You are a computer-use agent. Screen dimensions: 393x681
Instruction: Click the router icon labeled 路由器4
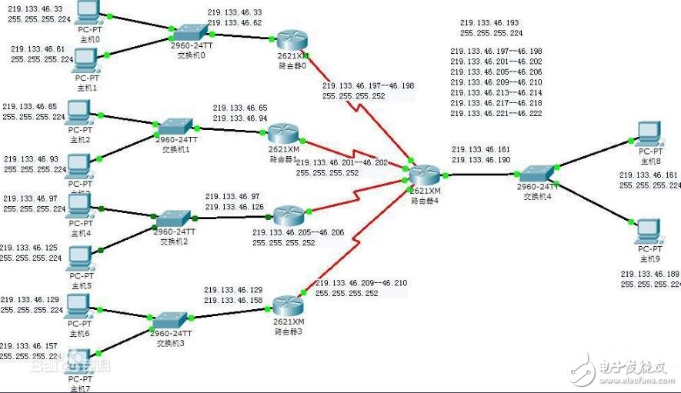(x=425, y=175)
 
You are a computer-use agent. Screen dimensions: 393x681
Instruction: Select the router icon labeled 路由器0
(x=292, y=40)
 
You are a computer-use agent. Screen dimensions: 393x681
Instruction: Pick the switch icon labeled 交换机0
(x=187, y=32)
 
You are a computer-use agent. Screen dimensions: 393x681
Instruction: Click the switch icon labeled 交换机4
(x=532, y=174)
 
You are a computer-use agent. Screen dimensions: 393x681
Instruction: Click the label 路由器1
(x=282, y=158)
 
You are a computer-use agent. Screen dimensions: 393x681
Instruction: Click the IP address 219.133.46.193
(x=489, y=24)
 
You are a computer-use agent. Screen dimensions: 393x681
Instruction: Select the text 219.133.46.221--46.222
(x=496, y=113)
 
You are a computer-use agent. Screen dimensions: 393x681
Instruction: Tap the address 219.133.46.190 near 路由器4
(x=481, y=159)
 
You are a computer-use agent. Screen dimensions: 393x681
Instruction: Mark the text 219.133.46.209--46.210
(x=362, y=283)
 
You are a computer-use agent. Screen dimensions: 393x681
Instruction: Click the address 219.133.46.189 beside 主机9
(x=650, y=273)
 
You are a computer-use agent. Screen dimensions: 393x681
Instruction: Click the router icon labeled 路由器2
(x=289, y=215)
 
